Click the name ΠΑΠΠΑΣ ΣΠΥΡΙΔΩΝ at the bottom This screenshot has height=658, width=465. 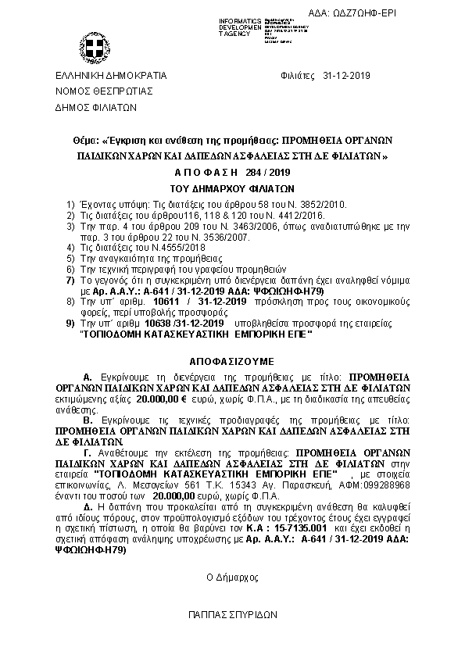232,615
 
